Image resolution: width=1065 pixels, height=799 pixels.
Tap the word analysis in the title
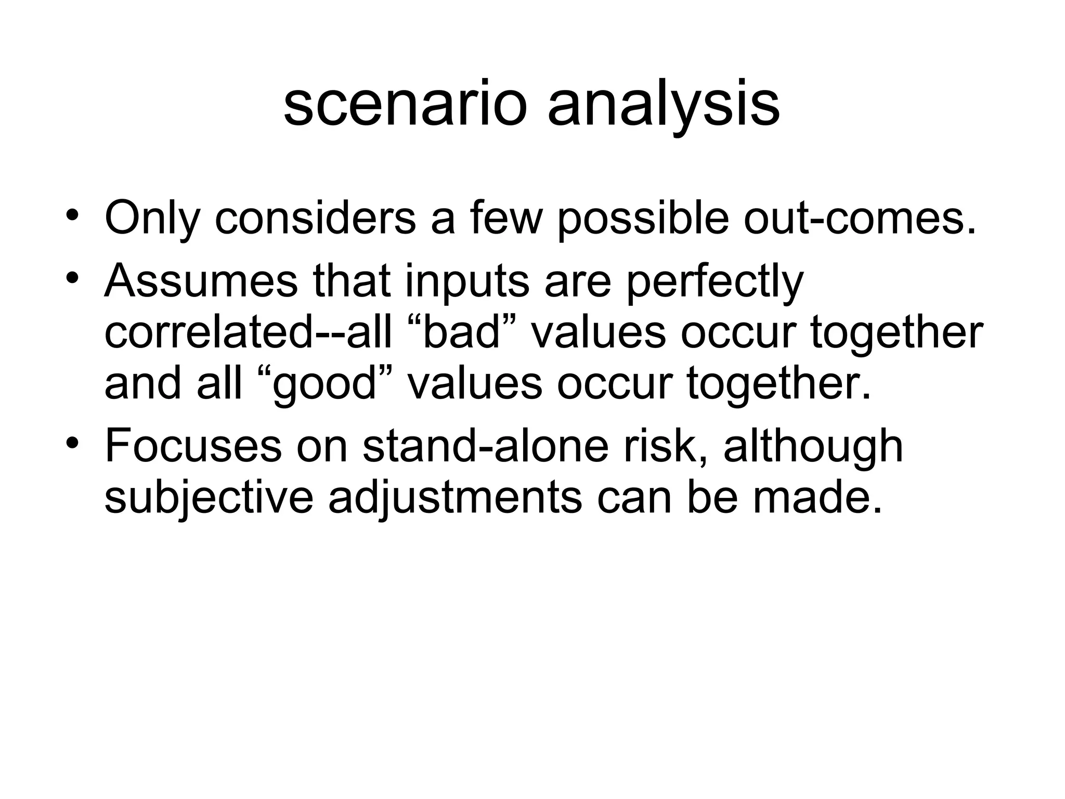click(664, 105)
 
